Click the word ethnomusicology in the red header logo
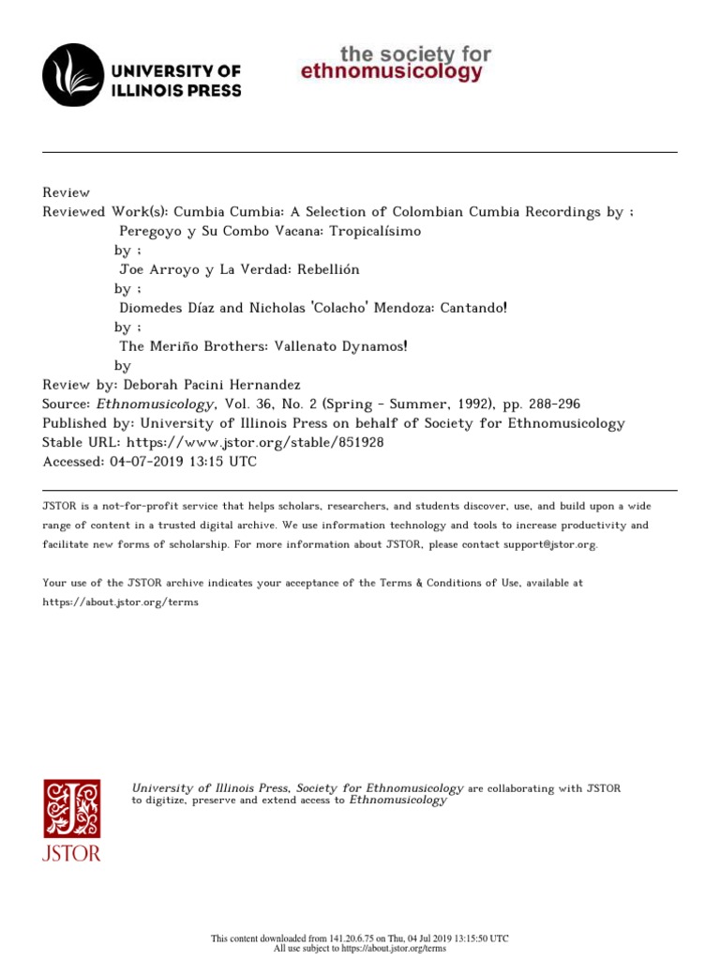[x=392, y=72]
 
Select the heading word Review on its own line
[x=67, y=192]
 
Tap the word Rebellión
[x=328, y=269]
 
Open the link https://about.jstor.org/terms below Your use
[x=121, y=602]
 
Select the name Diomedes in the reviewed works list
[x=151, y=308]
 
